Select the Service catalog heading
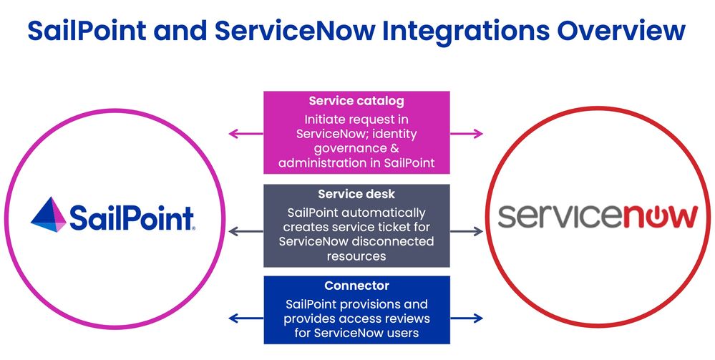pyautogui.click(x=356, y=102)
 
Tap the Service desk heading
pyautogui.click(x=356, y=195)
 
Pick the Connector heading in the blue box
pyautogui.click(x=356, y=286)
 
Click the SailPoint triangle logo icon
pyautogui.click(x=49, y=214)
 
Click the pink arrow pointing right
pyautogui.click(x=467, y=133)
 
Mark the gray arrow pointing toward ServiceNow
pyautogui.click(x=467, y=231)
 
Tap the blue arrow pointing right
pyautogui.click(x=467, y=318)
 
